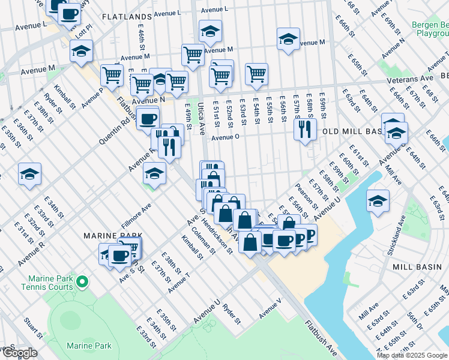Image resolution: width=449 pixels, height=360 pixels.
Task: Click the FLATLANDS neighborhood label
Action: (x=127, y=17)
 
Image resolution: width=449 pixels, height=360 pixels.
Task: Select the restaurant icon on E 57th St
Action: (x=306, y=128)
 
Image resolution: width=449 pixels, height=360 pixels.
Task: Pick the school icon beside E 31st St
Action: (x=30, y=175)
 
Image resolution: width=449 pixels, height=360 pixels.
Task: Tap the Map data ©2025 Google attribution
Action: (x=412, y=355)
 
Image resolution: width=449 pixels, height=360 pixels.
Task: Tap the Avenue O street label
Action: (x=225, y=137)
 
